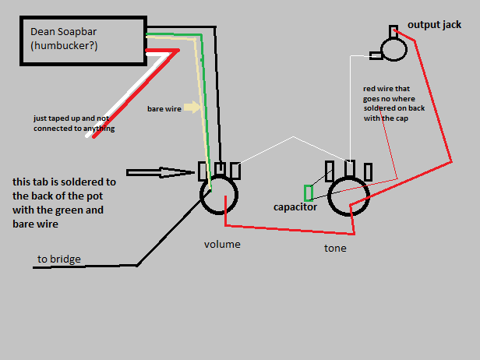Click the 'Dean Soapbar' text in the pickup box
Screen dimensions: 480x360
[63, 31]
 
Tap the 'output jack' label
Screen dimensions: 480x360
[434, 25]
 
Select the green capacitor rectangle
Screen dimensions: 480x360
[309, 193]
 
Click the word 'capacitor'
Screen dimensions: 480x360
[295, 207]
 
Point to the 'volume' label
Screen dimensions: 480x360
[222, 245]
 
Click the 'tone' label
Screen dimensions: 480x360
[335, 248]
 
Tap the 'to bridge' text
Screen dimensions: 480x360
[59, 259]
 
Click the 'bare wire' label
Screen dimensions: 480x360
[164, 109]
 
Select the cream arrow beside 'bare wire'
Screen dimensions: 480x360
[192, 108]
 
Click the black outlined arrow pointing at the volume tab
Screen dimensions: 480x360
[161, 173]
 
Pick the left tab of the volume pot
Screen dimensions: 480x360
[203, 171]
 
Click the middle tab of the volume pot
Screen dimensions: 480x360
[220, 168]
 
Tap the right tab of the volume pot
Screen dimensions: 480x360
[235, 171]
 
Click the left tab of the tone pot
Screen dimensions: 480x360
[330, 171]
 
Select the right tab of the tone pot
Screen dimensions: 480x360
[369, 172]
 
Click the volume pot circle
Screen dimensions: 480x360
[201, 195]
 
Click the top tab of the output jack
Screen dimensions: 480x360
[394, 32]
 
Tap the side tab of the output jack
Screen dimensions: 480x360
[376, 56]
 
